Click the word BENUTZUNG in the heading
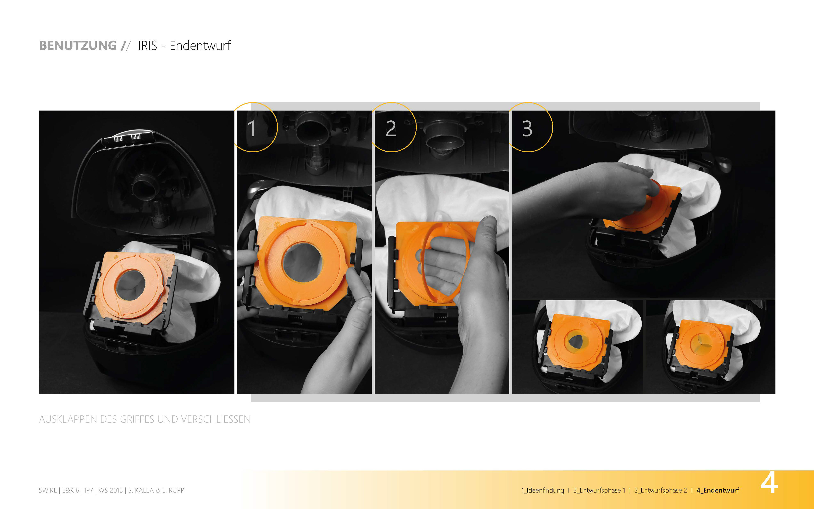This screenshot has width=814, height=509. tap(78, 45)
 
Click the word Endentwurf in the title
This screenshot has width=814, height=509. tap(200, 45)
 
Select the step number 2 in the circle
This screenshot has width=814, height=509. tap(391, 128)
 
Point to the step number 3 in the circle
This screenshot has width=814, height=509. tap(527, 128)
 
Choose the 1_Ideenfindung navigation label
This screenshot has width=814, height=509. tap(542, 490)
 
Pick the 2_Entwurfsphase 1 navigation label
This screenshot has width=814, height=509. tap(599, 490)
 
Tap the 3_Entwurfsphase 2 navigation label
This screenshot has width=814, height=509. tap(661, 490)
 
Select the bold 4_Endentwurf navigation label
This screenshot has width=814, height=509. tap(718, 490)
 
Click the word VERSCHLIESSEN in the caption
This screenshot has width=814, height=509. tap(216, 419)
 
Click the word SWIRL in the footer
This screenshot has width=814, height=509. tap(48, 490)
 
